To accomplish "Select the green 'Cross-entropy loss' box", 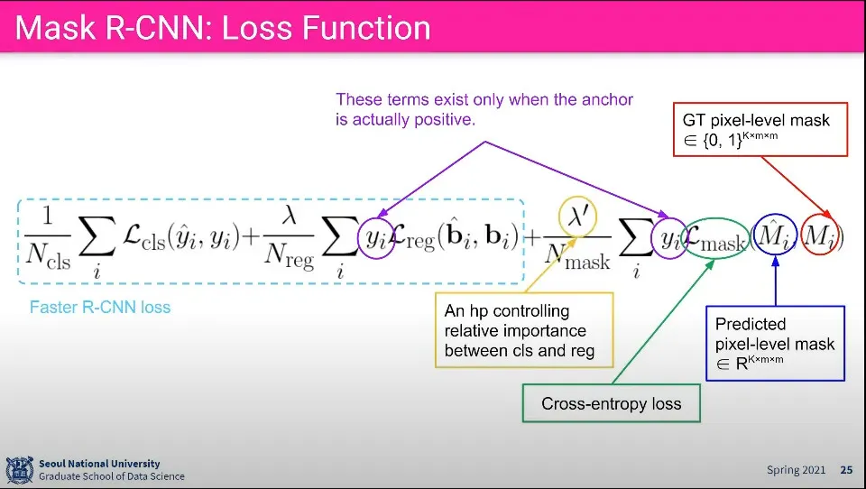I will coord(611,403).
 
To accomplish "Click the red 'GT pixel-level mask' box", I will coord(762,129).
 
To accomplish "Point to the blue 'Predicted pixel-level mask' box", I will coord(775,343).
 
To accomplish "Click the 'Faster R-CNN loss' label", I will coord(100,308).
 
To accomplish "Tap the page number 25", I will coord(846,470).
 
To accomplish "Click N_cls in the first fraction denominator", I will coord(47,260).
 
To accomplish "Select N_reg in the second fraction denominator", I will coord(290,260).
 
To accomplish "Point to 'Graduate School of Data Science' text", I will coord(111,476).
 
